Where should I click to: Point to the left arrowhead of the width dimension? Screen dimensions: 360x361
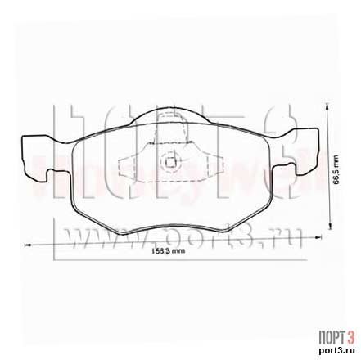pos(27,243)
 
